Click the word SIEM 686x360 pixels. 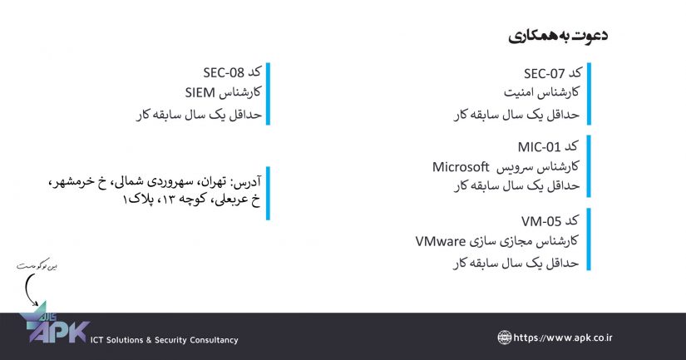[x=200, y=93]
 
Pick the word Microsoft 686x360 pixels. [x=460, y=166]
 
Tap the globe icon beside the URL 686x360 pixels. [x=505, y=338]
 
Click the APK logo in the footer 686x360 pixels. [x=54, y=328]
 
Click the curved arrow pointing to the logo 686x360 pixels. [x=32, y=290]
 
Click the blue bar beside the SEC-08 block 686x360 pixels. [x=268, y=93]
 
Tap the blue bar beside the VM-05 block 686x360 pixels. [x=588, y=239]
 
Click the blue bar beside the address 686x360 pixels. [x=268, y=192]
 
